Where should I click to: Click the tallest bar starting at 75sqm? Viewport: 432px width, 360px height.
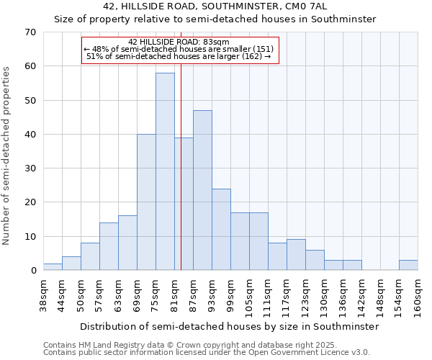[165, 171]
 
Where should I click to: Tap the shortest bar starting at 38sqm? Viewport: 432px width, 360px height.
[53, 266]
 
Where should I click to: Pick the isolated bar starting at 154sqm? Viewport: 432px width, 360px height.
[408, 265]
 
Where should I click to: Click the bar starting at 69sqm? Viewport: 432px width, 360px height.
[146, 202]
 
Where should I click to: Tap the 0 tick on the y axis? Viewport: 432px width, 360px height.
[32, 271]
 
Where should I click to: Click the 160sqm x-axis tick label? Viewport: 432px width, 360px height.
[418, 297]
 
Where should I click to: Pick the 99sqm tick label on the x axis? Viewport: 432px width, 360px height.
[231, 295]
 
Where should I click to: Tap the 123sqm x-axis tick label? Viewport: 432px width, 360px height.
[306, 297]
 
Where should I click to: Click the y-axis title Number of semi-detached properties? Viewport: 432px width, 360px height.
[7, 156]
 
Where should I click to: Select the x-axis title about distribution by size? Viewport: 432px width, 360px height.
[230, 326]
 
